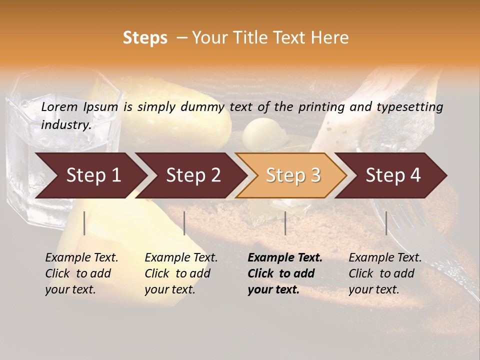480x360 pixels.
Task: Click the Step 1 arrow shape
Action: [92, 175]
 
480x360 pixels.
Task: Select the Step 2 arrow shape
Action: [192, 175]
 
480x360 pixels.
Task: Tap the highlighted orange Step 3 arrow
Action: [292, 175]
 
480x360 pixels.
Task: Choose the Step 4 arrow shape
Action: [392, 175]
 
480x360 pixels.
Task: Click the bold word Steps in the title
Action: [145, 38]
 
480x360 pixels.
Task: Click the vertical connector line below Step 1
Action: [84, 223]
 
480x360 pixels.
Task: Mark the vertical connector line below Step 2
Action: [184, 223]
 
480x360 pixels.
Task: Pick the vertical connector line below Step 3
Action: [285, 223]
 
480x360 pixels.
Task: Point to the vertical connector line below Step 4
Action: [386, 223]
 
